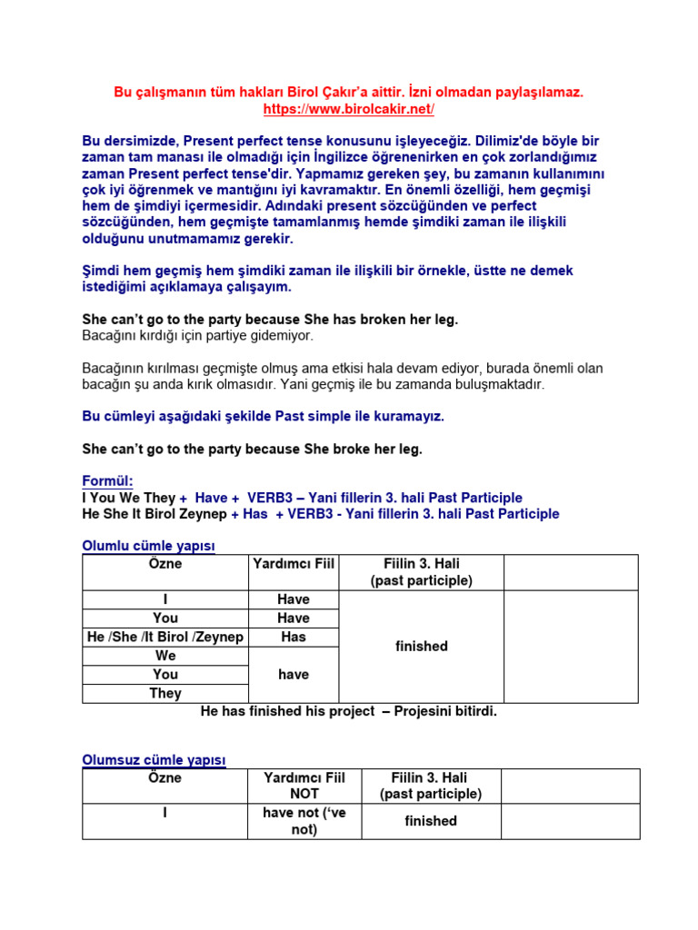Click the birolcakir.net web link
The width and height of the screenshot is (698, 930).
(x=349, y=109)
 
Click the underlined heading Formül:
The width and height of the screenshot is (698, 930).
(x=107, y=480)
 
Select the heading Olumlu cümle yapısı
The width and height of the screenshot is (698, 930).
(x=148, y=546)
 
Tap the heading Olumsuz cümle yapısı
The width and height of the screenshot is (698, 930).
(x=154, y=759)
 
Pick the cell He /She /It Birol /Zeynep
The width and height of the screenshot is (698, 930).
(x=165, y=637)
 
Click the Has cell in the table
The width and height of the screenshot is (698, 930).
(x=294, y=637)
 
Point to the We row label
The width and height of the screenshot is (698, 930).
(x=165, y=656)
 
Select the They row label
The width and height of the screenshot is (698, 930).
(x=165, y=693)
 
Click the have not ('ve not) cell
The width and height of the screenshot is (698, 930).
(x=304, y=821)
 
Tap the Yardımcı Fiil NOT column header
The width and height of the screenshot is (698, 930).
(x=304, y=786)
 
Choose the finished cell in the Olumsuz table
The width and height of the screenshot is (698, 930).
(x=431, y=821)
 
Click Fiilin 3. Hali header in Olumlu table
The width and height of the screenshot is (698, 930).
(x=422, y=572)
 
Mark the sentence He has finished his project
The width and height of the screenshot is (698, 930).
(x=349, y=711)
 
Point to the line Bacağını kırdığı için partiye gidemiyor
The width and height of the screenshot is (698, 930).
(x=197, y=336)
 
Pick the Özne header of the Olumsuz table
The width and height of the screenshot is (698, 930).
(x=165, y=778)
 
